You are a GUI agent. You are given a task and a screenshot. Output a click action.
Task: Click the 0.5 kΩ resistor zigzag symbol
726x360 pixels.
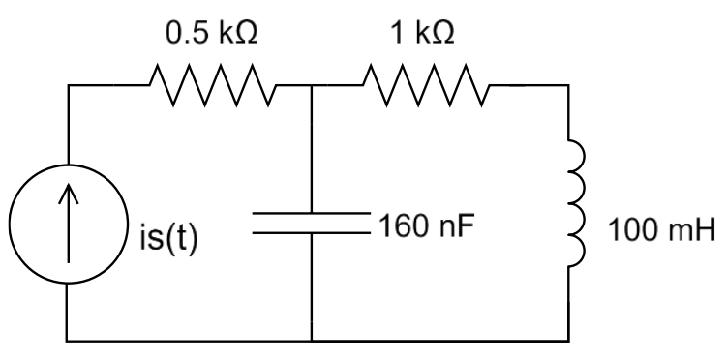tap(213, 85)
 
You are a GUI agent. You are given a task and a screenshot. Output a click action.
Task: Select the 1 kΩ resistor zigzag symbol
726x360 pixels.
tap(426, 85)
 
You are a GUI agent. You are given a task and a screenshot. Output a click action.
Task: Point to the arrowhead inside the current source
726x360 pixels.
tap(69, 193)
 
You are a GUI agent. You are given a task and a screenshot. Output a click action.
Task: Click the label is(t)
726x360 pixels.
tap(169, 239)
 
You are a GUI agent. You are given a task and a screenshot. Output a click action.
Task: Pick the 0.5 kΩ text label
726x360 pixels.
tap(212, 33)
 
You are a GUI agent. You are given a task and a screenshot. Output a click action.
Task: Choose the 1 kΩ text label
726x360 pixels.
tap(422, 33)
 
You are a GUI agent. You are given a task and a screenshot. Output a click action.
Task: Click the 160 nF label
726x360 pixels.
tap(427, 225)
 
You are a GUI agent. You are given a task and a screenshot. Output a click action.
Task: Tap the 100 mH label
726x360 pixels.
tap(661, 230)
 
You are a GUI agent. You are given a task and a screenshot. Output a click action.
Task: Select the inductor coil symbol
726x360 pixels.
tap(577, 203)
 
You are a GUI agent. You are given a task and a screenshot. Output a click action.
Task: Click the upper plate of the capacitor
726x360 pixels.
tap(312, 213)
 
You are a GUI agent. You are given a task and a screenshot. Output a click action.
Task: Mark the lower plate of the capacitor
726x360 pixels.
tap(312, 233)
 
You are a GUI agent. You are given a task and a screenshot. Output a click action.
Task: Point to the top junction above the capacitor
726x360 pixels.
tap(312, 85)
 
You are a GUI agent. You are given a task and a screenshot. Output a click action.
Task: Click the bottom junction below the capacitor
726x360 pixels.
tap(312, 341)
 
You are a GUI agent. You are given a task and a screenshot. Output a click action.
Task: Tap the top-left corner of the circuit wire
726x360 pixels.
tap(69, 85)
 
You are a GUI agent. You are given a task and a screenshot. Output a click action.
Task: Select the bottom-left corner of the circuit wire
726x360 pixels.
tap(67, 341)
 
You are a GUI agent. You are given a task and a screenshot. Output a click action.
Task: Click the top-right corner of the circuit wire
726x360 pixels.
tap(568, 85)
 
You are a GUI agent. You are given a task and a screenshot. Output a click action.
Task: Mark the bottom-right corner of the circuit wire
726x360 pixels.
tap(569, 341)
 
